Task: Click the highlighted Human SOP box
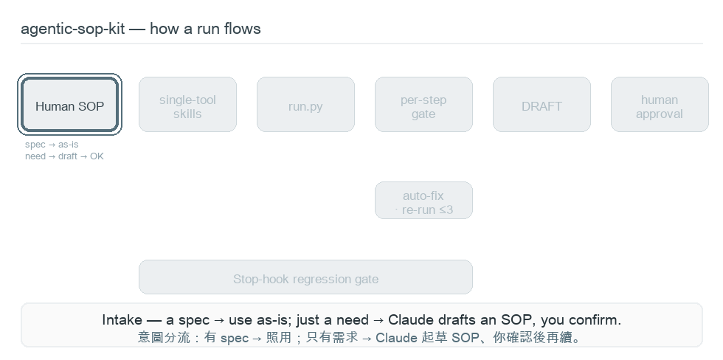(x=69, y=105)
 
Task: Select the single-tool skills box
(x=187, y=105)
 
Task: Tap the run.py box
(x=305, y=105)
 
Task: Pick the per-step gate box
(x=423, y=105)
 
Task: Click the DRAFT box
(x=542, y=105)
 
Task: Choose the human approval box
(x=660, y=105)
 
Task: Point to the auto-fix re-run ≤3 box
(x=423, y=201)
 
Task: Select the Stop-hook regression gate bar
(x=305, y=277)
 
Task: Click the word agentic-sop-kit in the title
(x=73, y=29)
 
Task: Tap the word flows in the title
(x=243, y=29)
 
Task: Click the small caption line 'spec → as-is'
(x=52, y=145)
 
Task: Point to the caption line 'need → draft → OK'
(x=65, y=156)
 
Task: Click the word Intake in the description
(x=122, y=320)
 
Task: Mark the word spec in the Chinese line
(x=235, y=339)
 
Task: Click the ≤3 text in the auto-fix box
(x=443, y=210)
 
